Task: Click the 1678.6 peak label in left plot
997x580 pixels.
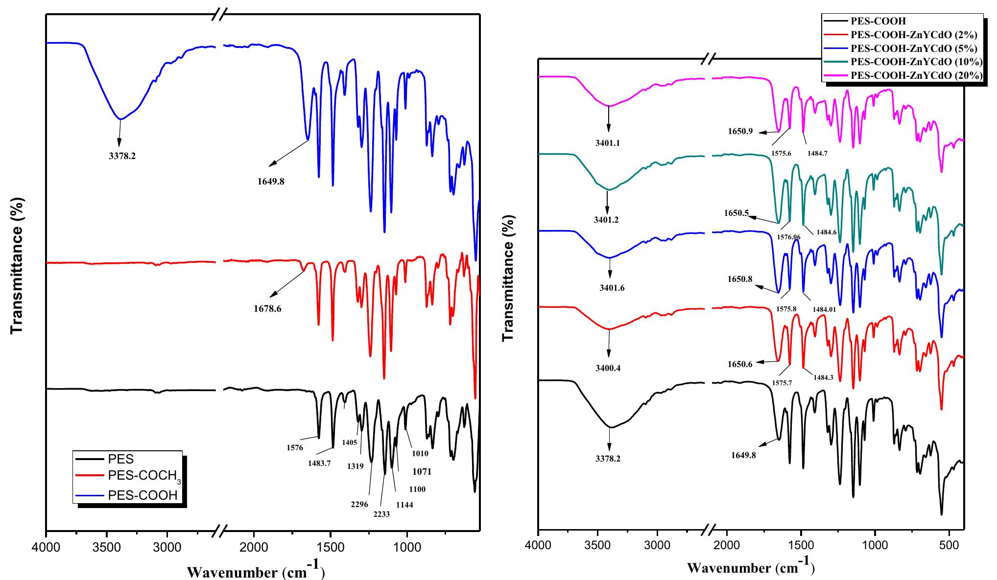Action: point(267,309)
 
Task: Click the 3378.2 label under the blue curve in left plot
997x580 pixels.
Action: point(122,157)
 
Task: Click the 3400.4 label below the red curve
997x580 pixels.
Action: point(607,368)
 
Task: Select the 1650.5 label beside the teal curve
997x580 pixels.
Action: point(736,213)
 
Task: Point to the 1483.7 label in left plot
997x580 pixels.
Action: point(319,463)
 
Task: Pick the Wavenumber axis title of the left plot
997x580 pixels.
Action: point(256,571)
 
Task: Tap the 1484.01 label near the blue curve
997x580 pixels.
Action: point(824,309)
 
